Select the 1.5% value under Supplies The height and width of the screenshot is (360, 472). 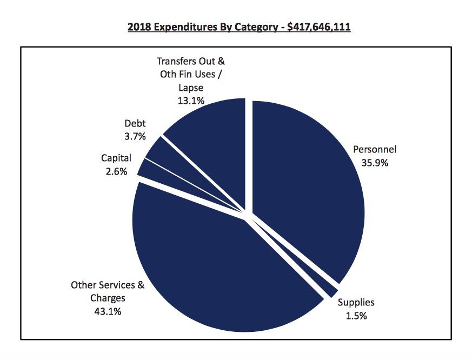click(x=356, y=316)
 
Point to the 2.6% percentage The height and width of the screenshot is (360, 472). click(x=114, y=171)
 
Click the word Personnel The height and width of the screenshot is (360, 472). click(x=375, y=149)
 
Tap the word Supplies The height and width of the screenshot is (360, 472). click(x=356, y=303)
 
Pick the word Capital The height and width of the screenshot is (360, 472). click(x=116, y=158)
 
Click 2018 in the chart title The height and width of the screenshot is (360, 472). click(x=138, y=26)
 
